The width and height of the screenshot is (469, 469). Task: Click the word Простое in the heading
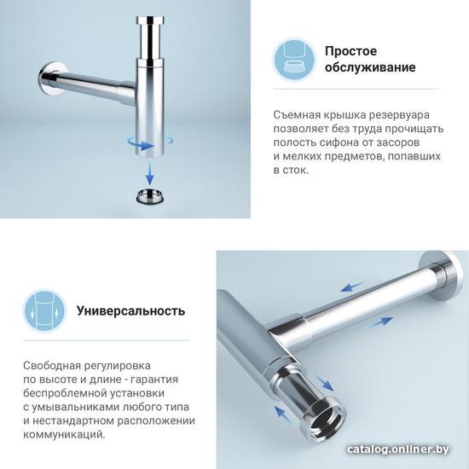pyautogui.click(x=350, y=51)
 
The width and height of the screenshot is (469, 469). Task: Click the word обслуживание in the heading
pyautogui.click(x=370, y=67)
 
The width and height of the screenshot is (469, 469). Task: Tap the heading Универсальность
pyautogui.click(x=131, y=310)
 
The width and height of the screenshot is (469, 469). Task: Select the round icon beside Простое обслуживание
pyautogui.click(x=294, y=59)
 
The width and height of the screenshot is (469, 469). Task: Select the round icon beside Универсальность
pyautogui.click(x=45, y=310)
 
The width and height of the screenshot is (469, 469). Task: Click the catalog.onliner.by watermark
pyautogui.click(x=398, y=449)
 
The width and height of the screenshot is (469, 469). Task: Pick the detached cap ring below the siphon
pyautogui.click(x=150, y=196)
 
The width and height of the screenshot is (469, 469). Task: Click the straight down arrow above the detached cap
pyautogui.click(x=149, y=174)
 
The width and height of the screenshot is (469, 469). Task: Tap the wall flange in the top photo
pyautogui.click(x=51, y=79)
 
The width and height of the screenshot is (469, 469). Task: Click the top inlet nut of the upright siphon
pyautogui.click(x=151, y=20)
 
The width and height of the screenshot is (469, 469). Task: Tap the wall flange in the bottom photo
pyautogui.click(x=443, y=275)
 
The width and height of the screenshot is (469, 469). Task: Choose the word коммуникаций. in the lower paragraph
pyautogui.click(x=65, y=435)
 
